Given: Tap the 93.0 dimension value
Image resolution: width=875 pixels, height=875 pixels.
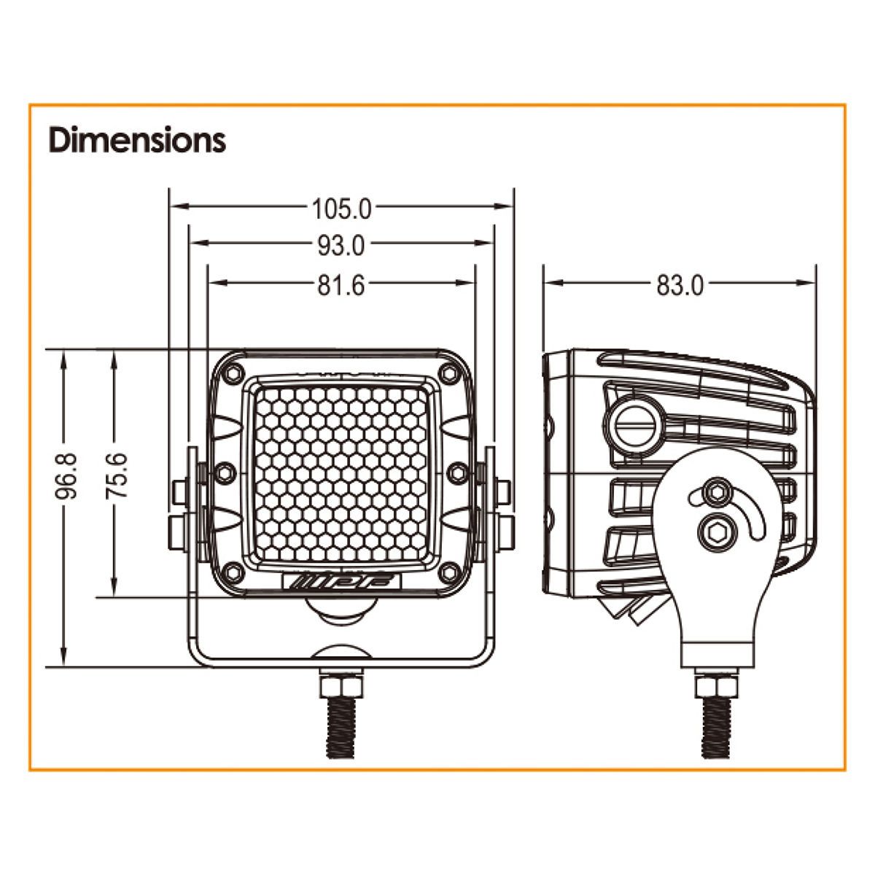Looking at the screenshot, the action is [x=341, y=246].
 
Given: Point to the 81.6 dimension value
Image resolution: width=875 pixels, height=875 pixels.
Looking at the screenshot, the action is [x=341, y=286].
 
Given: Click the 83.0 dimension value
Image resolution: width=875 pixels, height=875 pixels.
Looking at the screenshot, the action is [x=680, y=286].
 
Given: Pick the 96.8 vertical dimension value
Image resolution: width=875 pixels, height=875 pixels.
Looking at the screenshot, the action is [x=66, y=476].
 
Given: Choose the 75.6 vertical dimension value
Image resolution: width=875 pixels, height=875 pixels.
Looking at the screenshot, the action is [x=117, y=476].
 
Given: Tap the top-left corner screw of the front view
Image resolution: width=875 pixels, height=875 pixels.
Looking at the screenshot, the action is [x=233, y=373].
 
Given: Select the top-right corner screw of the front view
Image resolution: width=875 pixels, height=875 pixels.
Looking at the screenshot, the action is [x=449, y=373].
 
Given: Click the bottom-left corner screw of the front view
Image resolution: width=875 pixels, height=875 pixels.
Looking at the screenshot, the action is [x=233, y=572].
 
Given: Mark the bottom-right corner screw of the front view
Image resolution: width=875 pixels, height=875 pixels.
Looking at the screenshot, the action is [x=449, y=572].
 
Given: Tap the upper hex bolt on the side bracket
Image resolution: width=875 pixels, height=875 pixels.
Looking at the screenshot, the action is [x=718, y=491].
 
